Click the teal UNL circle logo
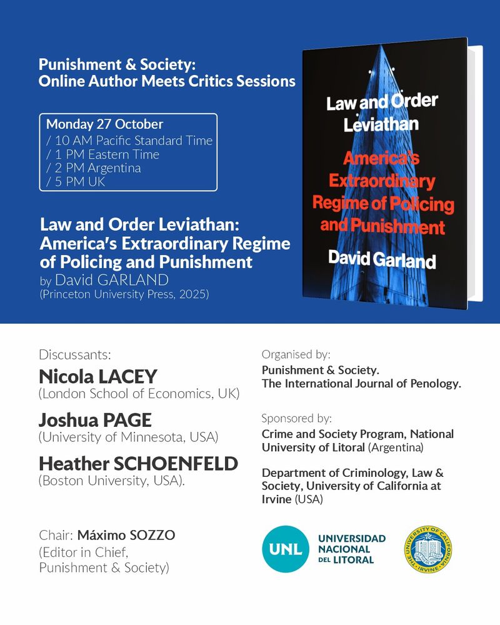pyautogui.click(x=286, y=549)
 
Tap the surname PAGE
pyautogui.click(x=125, y=420)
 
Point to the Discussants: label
pyautogui.click(x=74, y=354)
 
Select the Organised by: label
pyautogui.click(x=296, y=354)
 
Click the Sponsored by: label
pyautogui.click(x=296, y=418)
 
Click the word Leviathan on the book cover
pyautogui.click(x=381, y=124)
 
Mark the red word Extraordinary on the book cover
pyautogui.click(x=382, y=182)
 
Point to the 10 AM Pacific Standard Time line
pyautogui.click(x=129, y=140)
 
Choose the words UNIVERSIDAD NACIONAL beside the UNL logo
pyautogui.click(x=352, y=543)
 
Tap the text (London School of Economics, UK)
pyautogui.click(x=139, y=394)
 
